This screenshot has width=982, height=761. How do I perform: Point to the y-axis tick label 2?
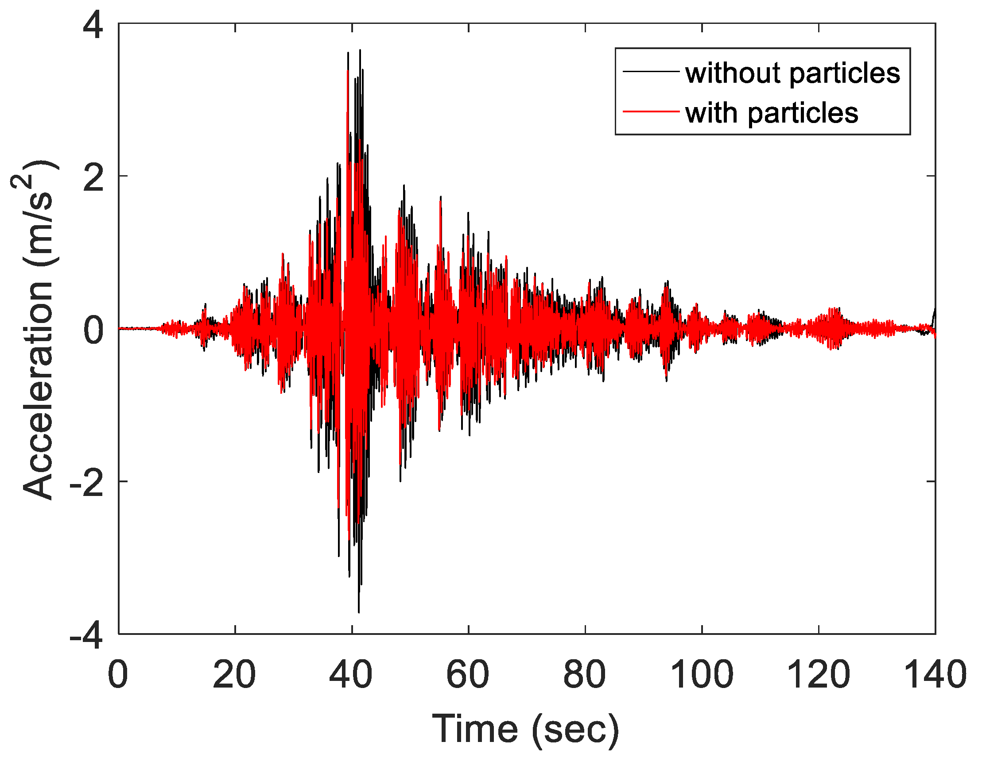coord(93,177)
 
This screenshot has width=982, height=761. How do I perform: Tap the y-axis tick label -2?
coord(87,482)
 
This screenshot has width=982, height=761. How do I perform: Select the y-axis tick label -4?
coord(87,635)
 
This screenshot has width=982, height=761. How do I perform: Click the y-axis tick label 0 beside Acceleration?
coord(93,330)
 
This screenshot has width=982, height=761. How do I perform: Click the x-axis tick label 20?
coord(234,674)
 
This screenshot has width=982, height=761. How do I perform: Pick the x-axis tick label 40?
coord(351,674)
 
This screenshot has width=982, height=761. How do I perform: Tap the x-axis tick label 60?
coord(468,674)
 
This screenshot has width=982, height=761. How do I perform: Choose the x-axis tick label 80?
coord(585,674)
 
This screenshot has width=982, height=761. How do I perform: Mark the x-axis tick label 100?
coord(702,674)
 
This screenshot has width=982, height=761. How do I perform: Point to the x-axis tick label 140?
coord(934,674)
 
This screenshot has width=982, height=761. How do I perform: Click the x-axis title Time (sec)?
coord(526,729)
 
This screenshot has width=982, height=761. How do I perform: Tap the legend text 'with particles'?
coord(772,112)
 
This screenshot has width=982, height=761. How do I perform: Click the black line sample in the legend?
coord(650,71)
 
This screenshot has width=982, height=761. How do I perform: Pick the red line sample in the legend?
coord(650,111)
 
